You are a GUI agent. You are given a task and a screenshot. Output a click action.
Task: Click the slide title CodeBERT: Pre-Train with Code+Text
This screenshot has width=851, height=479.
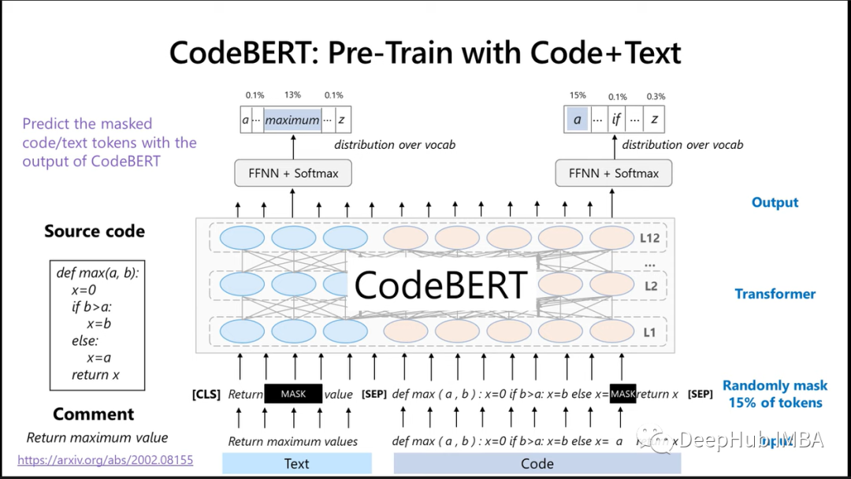[x=425, y=53]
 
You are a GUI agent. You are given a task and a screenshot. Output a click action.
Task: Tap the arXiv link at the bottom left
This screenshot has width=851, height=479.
[x=105, y=459]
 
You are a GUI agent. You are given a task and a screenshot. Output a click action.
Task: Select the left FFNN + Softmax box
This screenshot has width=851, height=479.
[x=293, y=173]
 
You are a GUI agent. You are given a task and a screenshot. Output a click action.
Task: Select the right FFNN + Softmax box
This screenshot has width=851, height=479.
[x=614, y=173]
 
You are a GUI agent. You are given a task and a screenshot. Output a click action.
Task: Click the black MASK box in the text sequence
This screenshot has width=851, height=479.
[x=293, y=394]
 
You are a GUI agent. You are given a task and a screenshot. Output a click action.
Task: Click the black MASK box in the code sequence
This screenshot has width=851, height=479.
[x=622, y=394]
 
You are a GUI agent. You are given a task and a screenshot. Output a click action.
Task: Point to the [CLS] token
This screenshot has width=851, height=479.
[x=206, y=394]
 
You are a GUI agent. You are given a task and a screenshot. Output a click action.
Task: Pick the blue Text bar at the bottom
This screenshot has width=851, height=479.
[x=296, y=463]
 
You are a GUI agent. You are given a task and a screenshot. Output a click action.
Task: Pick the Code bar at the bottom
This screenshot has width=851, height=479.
[x=537, y=463]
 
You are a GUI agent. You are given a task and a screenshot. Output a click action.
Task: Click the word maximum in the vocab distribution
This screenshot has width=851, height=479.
[x=292, y=121]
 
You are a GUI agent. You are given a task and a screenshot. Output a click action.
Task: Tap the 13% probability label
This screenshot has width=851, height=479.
[x=292, y=95]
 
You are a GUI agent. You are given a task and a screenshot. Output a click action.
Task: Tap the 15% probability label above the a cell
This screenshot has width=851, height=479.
[x=578, y=95]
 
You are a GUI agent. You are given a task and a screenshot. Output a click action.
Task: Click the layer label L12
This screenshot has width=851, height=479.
[x=650, y=238]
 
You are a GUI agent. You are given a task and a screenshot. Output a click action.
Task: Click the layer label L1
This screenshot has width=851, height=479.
[x=648, y=332]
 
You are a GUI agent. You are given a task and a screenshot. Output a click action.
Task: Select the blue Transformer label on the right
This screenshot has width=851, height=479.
[x=775, y=294]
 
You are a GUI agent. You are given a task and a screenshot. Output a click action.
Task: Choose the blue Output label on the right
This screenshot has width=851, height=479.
[x=775, y=202]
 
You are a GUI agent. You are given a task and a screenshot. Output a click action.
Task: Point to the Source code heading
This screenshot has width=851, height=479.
[x=95, y=232]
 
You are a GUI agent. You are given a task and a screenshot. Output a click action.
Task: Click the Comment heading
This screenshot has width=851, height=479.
[x=94, y=414]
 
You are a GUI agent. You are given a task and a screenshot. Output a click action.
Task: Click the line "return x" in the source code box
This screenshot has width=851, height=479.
[x=95, y=375]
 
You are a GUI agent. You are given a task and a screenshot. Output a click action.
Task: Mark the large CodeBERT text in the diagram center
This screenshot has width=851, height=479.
[x=440, y=285]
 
